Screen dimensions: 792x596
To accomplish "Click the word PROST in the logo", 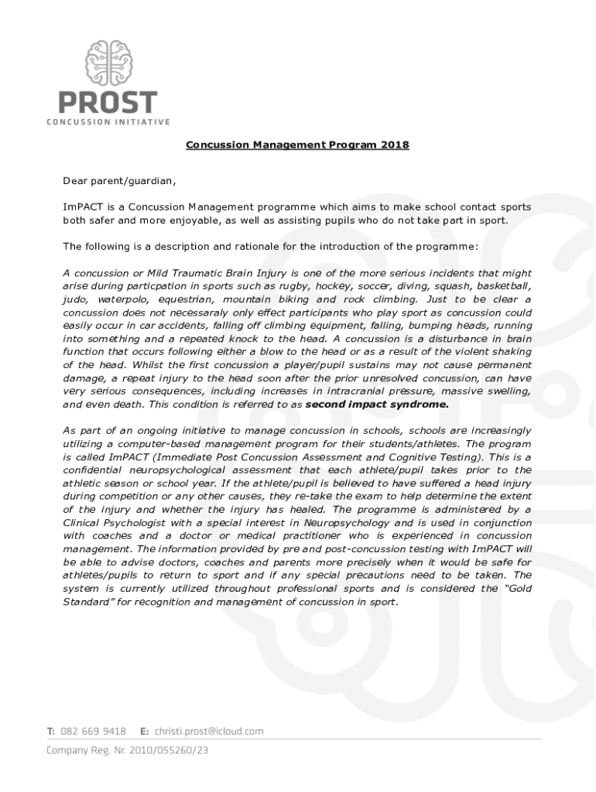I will tap(109, 102).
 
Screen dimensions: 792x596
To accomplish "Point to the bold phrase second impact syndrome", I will tap(377, 404).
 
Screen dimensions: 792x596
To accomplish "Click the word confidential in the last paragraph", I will tap(96, 469).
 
